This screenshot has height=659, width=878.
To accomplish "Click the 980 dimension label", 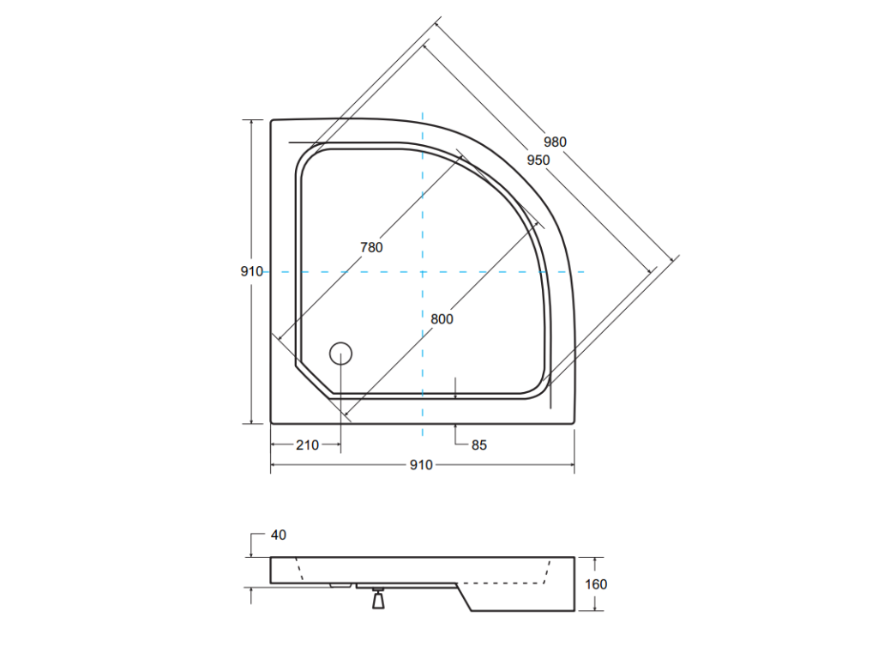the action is click(x=555, y=142).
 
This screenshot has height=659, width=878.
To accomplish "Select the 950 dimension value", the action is click(x=538, y=160).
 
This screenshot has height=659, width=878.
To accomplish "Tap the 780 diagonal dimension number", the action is click(x=371, y=247).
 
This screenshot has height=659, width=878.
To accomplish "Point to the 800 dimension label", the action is click(x=442, y=319).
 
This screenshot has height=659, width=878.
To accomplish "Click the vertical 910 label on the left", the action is click(x=252, y=271).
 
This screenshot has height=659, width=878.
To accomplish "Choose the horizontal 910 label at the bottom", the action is click(x=421, y=465).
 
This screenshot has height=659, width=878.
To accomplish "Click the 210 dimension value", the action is click(x=308, y=445).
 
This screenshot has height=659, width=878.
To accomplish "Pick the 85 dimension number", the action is click(x=479, y=445).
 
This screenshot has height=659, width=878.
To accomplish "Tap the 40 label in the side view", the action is click(x=279, y=535).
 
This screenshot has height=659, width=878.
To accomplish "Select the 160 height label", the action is click(x=596, y=584).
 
